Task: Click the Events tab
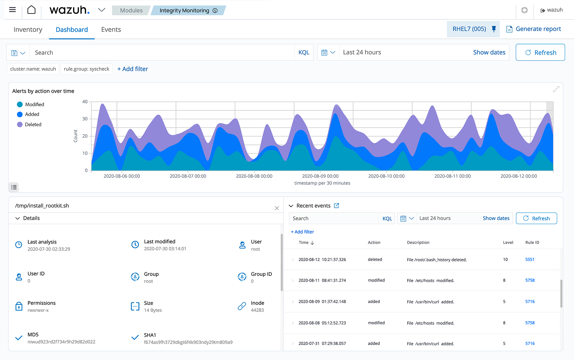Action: (x=111, y=30)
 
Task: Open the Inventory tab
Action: (x=28, y=30)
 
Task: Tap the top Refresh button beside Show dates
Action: (x=540, y=53)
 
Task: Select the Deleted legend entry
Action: (x=33, y=124)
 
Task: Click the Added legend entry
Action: (x=32, y=114)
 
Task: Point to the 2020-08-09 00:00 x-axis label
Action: (x=320, y=176)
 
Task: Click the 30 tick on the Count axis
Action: (x=85, y=119)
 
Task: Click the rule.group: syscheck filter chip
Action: (x=86, y=69)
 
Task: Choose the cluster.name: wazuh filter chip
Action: (x=33, y=69)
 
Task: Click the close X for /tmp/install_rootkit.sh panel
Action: (x=277, y=208)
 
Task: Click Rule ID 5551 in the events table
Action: (x=530, y=260)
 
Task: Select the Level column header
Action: (x=508, y=243)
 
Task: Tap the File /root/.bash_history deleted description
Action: (x=437, y=260)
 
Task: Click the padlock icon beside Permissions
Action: (x=19, y=306)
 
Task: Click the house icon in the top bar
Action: (x=31, y=10)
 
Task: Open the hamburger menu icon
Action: (x=12, y=10)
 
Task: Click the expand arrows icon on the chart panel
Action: (x=556, y=89)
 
